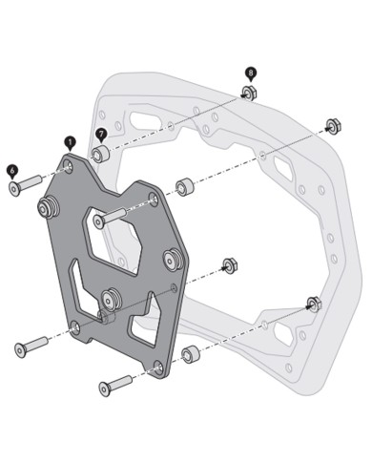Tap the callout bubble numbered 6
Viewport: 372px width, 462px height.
coord(11,169)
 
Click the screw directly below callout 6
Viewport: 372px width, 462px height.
coord(23,184)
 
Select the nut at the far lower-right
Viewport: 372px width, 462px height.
coord(313,304)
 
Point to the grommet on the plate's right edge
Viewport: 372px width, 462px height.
coord(173,257)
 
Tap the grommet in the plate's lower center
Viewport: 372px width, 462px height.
coord(112,299)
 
